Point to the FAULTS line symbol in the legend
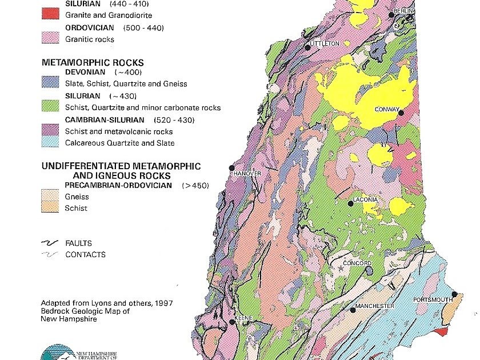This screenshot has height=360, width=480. point(50,243)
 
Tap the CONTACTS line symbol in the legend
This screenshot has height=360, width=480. point(50,255)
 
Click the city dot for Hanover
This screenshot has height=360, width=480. point(232,167)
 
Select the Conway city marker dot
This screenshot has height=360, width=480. point(401,113)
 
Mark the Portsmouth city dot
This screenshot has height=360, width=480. point(454,295)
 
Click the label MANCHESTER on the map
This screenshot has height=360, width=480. point(374,306)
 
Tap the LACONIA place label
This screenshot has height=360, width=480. point(365,199)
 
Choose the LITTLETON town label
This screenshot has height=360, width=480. point(325,43)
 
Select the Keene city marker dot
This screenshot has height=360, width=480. point(232,322)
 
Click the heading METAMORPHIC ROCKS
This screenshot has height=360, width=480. point(92,62)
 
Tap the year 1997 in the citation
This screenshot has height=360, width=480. point(163,303)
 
